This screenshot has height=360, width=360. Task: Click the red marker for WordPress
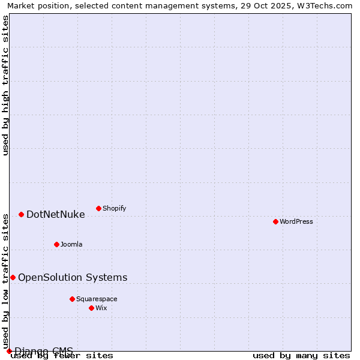pos(275,221)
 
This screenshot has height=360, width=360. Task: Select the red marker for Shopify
pos(98,208)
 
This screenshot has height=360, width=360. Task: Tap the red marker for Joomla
pos(56,244)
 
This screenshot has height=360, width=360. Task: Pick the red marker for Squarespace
pos(72,299)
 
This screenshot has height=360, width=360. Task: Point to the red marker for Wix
pos(91,308)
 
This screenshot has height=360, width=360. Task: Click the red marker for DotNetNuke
pos(21,214)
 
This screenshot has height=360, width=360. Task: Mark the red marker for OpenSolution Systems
pos(13,277)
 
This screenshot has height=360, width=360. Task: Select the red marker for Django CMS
pos(9,351)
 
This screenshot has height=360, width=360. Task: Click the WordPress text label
pos(296,221)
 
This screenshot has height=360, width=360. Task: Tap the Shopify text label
pos(114,208)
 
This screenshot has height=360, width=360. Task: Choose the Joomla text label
pos(71,244)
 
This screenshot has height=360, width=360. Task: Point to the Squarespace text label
pos(97,299)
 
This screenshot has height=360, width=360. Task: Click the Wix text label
pos(101,308)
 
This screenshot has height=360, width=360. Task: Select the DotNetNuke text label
pos(56,214)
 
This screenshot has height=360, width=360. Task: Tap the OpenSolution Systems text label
pos(73,277)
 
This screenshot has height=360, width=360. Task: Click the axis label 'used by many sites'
pos(301,356)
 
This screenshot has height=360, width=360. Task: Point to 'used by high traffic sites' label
pos(6,85)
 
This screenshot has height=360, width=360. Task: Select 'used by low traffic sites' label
pos(6,281)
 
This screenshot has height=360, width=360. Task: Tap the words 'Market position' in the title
pos(35,5)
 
